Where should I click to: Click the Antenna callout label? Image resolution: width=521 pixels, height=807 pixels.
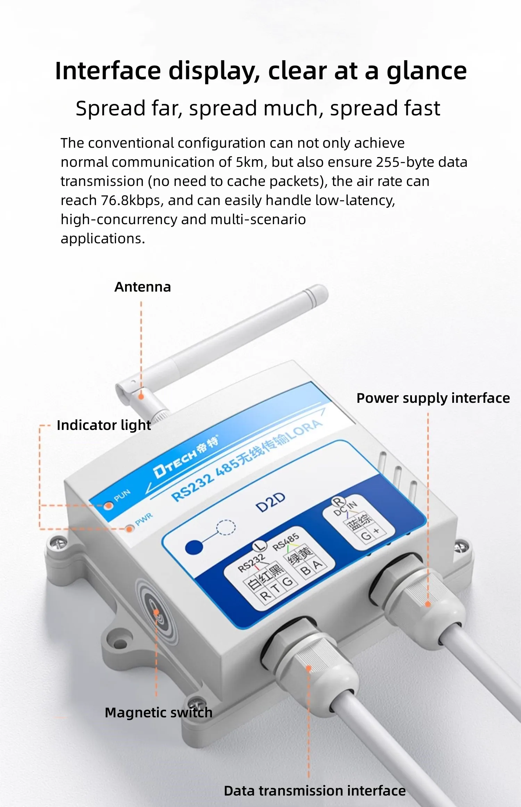(x=143, y=287)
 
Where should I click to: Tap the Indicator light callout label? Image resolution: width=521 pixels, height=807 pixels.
(x=104, y=425)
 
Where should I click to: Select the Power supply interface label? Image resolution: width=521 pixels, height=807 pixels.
(x=433, y=398)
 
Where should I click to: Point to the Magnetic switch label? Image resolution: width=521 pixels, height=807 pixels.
(x=158, y=712)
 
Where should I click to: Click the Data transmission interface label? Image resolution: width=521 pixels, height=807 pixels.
(x=315, y=791)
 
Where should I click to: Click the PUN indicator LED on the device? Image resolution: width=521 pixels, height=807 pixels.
(x=109, y=505)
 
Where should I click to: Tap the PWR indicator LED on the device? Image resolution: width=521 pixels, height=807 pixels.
(x=130, y=529)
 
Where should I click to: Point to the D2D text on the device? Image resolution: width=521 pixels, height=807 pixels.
(x=270, y=503)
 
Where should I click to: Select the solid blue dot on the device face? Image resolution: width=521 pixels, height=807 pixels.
(x=194, y=547)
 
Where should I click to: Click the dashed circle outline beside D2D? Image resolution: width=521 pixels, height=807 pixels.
(x=226, y=528)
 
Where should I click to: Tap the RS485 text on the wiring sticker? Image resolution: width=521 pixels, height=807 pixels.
(x=286, y=542)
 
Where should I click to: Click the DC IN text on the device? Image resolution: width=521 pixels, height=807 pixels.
(x=345, y=509)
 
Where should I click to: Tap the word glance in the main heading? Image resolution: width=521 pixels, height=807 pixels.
(x=427, y=71)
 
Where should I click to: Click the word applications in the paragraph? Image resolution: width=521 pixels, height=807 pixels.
(x=102, y=239)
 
